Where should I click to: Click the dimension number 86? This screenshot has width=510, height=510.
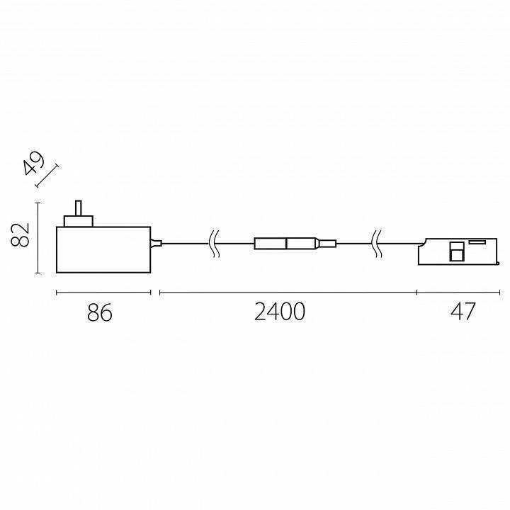(x=101, y=312)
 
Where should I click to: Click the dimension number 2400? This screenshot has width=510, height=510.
(x=280, y=312)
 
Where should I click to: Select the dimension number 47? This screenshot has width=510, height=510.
(x=463, y=312)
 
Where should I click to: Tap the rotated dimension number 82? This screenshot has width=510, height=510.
(x=22, y=234)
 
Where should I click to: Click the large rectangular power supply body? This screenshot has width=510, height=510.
(x=103, y=249)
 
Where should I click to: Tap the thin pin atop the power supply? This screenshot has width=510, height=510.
(x=78, y=208)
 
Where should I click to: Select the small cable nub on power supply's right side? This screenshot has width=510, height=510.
(x=157, y=244)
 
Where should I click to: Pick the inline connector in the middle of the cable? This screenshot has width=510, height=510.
(x=285, y=244)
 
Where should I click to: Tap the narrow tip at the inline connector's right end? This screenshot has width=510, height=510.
(x=327, y=244)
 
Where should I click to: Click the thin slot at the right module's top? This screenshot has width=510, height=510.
(x=475, y=242)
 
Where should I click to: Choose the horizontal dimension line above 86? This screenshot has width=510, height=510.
(x=103, y=292)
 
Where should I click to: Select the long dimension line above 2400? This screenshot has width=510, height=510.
(x=287, y=292)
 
